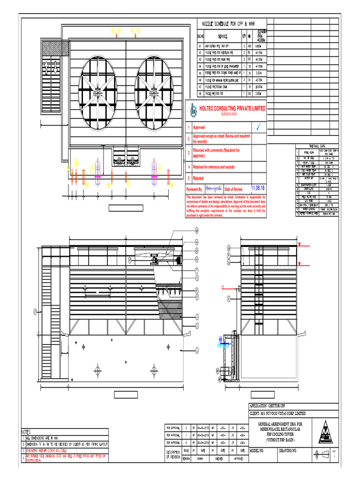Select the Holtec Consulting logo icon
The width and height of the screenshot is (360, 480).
(193, 109)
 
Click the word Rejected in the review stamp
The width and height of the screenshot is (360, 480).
(199, 178)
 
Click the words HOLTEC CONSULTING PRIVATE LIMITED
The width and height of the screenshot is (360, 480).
(232, 108)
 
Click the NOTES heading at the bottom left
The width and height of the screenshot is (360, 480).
(26, 432)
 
